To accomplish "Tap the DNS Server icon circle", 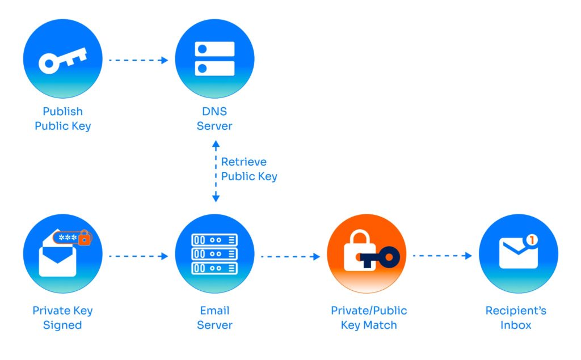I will pyautogui.click(x=214, y=59).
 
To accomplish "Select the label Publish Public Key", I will pyautogui.click(x=62, y=118).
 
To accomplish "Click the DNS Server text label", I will pyautogui.click(x=214, y=118).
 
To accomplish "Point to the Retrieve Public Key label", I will pyautogui.click(x=249, y=169).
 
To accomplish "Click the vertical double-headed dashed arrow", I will pyautogui.click(x=215, y=172).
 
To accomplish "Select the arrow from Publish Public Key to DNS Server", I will pyautogui.click(x=138, y=60).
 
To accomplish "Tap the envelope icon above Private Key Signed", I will pyautogui.click(x=57, y=260).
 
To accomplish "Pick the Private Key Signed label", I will pyautogui.click(x=62, y=318).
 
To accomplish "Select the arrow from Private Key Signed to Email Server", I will pyautogui.click(x=138, y=256).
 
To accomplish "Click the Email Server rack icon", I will pyautogui.click(x=214, y=254).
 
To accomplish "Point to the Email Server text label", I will pyautogui.click(x=214, y=318).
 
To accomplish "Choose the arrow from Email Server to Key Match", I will pyautogui.click(x=290, y=256).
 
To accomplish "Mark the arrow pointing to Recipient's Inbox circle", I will pyautogui.click(x=443, y=256).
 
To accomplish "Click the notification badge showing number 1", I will pyautogui.click(x=531, y=240).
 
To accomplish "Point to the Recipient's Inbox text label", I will pyautogui.click(x=516, y=318).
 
